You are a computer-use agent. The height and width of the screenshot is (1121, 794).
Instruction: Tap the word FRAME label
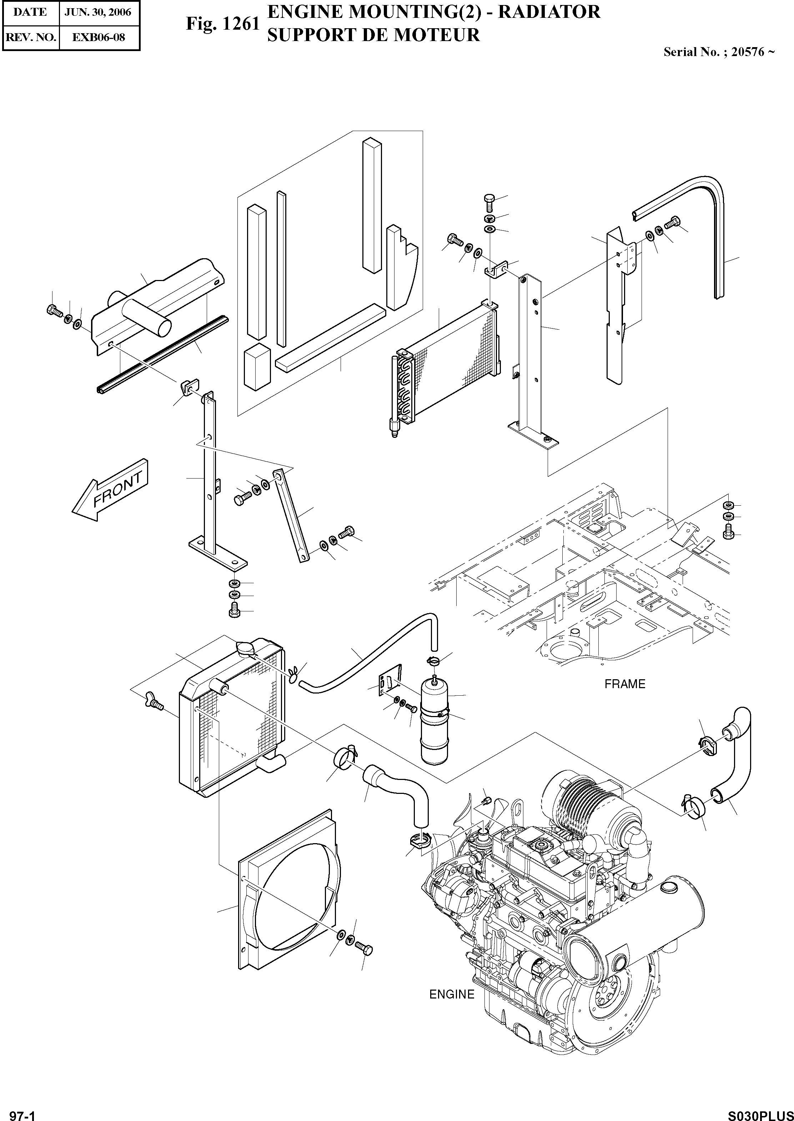624,684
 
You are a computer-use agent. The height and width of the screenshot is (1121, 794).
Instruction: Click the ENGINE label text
451,994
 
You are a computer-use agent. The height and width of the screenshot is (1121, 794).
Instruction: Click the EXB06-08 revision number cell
98,37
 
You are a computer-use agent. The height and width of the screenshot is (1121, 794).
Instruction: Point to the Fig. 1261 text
222,24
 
